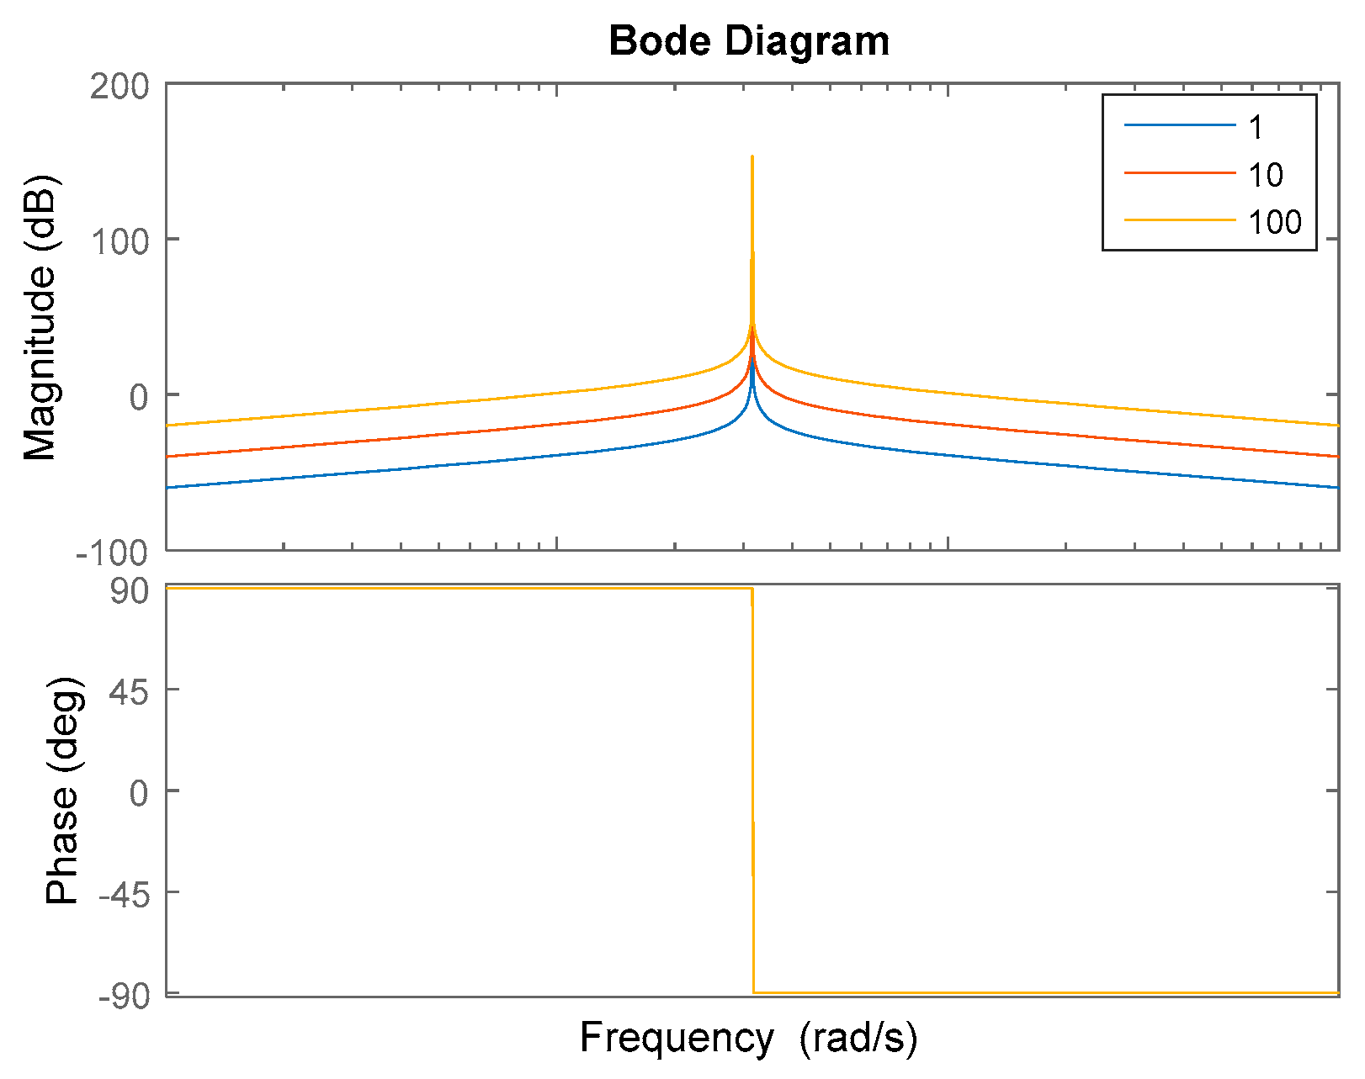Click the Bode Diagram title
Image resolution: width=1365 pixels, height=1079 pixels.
748,41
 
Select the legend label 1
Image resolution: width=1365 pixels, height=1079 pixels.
1256,128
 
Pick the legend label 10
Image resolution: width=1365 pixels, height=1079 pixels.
1265,175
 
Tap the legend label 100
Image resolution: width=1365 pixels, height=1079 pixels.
1274,222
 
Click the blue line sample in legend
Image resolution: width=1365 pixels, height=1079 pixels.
1179,126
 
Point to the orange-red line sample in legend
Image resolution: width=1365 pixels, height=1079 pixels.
1179,173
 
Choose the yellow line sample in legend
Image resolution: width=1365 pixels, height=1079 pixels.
1179,220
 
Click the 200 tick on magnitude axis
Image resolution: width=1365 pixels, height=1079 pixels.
119,87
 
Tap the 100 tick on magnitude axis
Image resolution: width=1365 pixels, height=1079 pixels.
119,242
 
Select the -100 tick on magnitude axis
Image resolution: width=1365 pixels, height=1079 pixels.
112,553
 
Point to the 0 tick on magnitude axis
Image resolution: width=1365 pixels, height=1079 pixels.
138,398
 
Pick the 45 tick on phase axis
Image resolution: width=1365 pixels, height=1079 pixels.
129,692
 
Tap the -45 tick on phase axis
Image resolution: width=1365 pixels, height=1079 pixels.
124,895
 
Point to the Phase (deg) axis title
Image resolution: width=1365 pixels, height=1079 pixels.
63,791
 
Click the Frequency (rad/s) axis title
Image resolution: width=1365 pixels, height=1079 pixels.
748,1038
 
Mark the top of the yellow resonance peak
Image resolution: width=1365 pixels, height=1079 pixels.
752,156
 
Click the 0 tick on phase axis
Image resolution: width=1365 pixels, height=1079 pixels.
138,793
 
